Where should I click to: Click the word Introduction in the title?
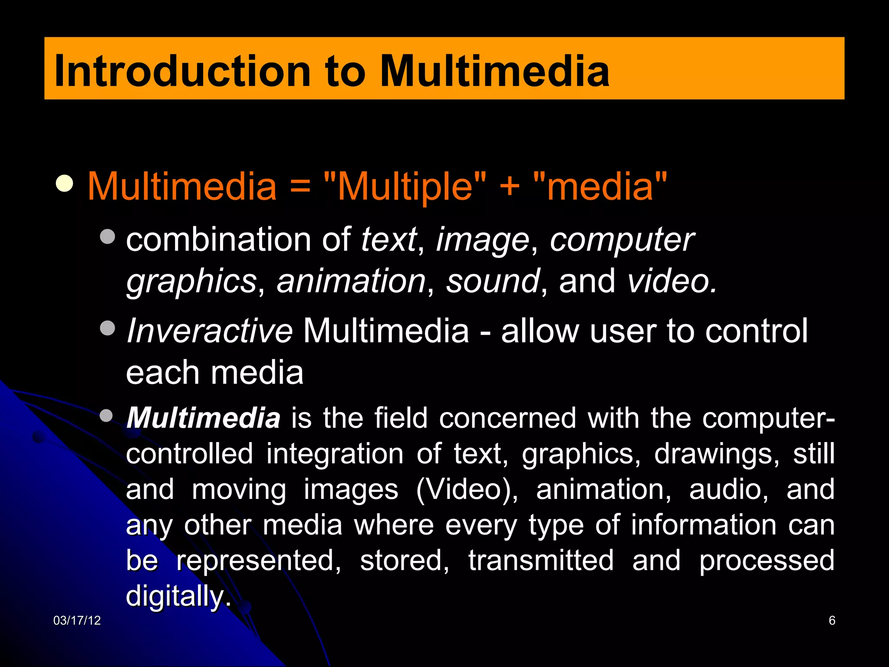coord(182,71)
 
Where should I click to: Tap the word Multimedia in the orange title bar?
coord(495,71)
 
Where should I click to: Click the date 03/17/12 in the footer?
coord(77,621)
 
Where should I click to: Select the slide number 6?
coord(832,621)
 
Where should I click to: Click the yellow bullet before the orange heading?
coord(65,183)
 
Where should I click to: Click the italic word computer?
coord(622,240)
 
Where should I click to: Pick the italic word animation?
coord(351,281)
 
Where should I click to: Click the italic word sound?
coord(493,281)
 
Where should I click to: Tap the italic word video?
coord(672,281)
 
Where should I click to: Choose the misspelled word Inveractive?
coord(210,331)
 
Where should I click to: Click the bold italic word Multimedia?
coord(203,418)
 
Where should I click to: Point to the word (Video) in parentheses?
coord(467,489)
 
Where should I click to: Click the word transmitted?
coord(541,560)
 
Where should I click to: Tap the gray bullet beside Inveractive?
coord(107,328)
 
